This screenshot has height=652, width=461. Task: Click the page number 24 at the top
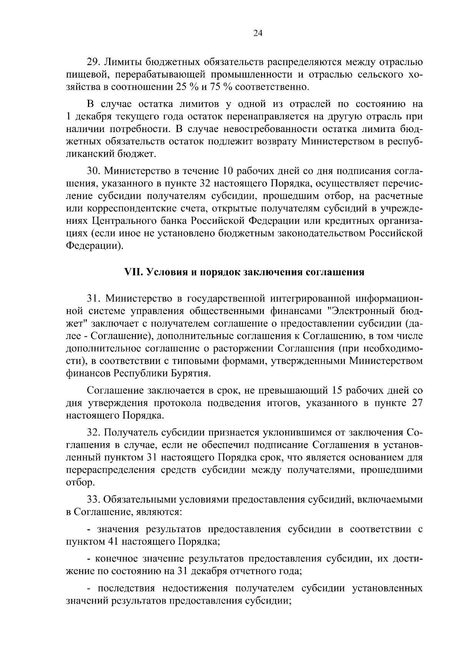[258, 33]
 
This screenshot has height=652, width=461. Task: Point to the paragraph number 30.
[93, 171]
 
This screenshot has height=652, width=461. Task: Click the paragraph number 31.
[93, 298]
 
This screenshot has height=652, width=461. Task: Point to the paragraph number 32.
[93, 433]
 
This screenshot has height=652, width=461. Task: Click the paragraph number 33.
[93, 500]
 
